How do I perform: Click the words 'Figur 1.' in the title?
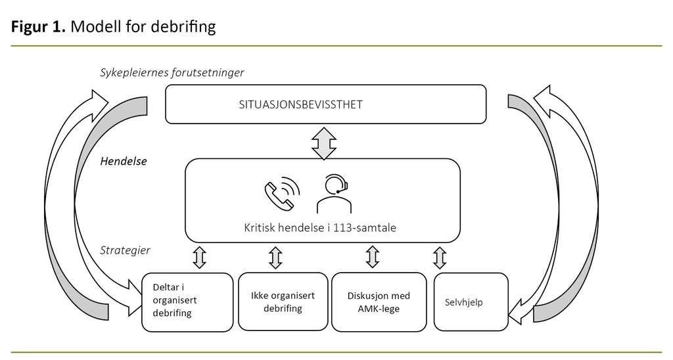[x=39, y=27]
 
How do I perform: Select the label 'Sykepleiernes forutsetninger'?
[x=172, y=72]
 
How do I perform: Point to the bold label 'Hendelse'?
[x=123, y=161]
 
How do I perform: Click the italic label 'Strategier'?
[x=125, y=250]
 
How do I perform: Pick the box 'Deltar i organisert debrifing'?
[x=187, y=302]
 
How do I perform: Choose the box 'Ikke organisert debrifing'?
[x=283, y=302]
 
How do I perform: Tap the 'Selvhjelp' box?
[x=471, y=302]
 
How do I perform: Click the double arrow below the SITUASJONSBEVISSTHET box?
[x=324, y=143]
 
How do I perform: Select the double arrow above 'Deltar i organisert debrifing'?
[x=200, y=258]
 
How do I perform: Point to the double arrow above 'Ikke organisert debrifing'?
[x=276, y=258]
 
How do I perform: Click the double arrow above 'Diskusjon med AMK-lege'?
[x=372, y=258]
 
